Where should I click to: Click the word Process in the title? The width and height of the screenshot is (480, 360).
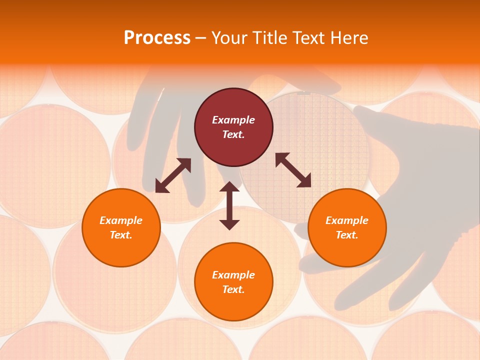click(157, 38)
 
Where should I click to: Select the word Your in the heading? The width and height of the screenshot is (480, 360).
click(229, 38)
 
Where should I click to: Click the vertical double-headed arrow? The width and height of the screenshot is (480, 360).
click(229, 206)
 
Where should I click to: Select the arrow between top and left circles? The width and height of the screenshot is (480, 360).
click(173, 175)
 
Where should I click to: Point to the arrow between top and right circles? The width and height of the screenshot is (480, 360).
click(293, 170)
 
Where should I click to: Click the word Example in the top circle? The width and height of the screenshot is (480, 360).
click(233, 120)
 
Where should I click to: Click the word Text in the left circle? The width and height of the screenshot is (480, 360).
click(121, 235)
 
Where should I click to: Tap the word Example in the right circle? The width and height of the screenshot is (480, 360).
click(347, 220)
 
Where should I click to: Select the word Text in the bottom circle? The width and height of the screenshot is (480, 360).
click(233, 289)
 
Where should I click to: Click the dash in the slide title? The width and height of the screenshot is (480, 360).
click(201, 38)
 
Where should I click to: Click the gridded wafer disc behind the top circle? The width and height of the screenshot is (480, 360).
click(320, 150)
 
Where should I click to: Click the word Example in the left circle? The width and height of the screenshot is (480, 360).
click(121, 220)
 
